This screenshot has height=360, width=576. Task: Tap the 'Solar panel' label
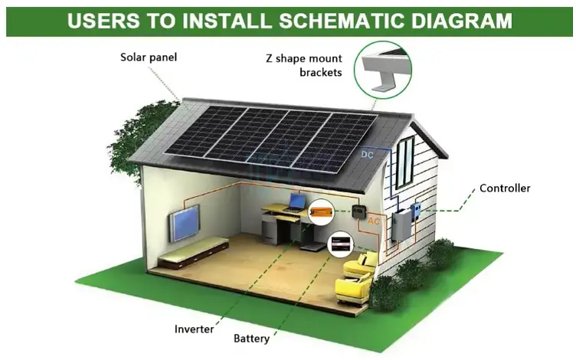click(x=149, y=57)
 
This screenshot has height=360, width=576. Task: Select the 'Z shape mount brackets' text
click(x=304, y=65)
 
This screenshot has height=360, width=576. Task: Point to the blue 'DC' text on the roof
click(x=367, y=155)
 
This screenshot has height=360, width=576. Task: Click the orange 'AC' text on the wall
click(x=373, y=221)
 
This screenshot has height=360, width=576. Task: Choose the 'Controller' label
click(x=505, y=188)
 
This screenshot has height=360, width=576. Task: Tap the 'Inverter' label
click(x=194, y=329)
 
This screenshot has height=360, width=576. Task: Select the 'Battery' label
click(x=252, y=339)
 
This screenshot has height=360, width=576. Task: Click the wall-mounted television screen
click(x=185, y=223)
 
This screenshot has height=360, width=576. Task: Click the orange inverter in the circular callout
click(x=321, y=211)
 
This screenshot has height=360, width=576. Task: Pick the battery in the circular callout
click(x=341, y=244)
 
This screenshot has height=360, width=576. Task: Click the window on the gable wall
click(x=405, y=162)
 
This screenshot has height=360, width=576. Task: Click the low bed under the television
click(x=194, y=252)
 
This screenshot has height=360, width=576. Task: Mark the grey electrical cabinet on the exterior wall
click(x=401, y=225)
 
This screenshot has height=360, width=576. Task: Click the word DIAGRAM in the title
click(x=461, y=21)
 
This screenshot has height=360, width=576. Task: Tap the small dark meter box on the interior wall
click(x=358, y=211)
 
